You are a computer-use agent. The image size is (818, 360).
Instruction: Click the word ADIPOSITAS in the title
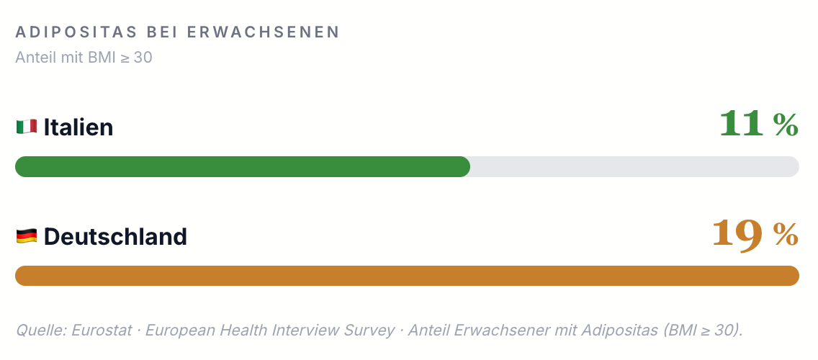pos(77,32)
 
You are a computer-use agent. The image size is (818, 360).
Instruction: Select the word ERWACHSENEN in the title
pos(264,32)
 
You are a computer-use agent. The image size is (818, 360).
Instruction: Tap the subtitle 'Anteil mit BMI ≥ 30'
pos(84,58)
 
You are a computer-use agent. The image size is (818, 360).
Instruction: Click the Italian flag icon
pos(27,127)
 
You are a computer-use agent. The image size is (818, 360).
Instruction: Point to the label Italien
pos(78,127)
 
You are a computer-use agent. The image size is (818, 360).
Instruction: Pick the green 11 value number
pos(742,124)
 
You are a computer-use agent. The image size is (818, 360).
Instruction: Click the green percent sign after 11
pos(786,125)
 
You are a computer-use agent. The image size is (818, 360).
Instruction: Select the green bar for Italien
pos(243,166)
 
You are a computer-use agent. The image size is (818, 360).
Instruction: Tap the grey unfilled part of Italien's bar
pos(635,166)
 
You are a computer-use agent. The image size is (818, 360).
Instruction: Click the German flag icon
pos(27,236)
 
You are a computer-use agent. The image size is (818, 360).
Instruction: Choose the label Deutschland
pos(115,236)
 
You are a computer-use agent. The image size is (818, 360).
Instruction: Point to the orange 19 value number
pos(737,235)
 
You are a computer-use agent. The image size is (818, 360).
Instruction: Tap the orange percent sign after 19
pos(786,234)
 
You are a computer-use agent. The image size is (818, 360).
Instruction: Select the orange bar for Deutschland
pos(407,276)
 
